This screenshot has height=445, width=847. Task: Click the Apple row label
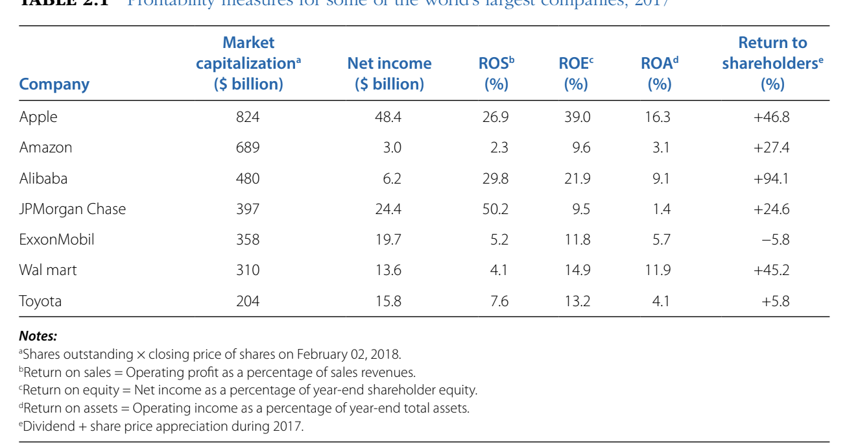coord(38,117)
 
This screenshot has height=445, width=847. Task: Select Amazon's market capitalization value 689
coord(247,148)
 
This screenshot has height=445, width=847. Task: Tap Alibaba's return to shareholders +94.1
coord(771,178)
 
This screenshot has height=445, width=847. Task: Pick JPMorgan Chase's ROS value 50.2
coord(495,209)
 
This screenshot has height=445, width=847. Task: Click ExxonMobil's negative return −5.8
coord(775,240)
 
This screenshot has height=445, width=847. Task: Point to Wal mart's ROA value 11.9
coord(658,270)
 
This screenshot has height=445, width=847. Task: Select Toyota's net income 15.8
coord(388,301)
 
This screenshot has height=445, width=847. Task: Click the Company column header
coord(54,84)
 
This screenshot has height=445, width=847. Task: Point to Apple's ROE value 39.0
coord(577,117)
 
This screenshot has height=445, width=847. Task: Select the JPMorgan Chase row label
coord(73,209)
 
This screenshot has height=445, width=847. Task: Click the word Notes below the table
coord(38,336)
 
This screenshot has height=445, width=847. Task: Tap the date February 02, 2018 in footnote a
coord(348,354)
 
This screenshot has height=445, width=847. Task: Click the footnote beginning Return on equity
coord(250,391)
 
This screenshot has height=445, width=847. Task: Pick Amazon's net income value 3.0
coord(392,148)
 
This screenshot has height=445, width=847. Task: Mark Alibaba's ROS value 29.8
coord(495,178)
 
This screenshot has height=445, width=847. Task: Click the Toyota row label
coord(41,301)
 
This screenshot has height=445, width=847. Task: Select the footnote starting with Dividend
coord(162,427)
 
